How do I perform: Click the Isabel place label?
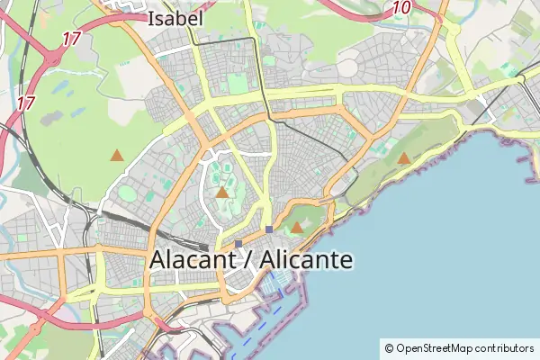coord(175,17)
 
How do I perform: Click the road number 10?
coord(401,8)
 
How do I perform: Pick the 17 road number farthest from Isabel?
coord(24,103)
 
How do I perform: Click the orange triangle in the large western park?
coord(116,155)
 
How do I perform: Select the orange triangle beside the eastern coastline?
coord(404,158)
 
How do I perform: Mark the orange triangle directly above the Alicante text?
coord(296,228)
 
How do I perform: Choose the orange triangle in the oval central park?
coord(222,192)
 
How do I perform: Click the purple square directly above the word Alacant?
coord(238,243)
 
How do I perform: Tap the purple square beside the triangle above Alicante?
coord(269,229)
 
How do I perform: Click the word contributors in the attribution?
coord(505,347)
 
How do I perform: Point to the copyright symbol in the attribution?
coord(389,347)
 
